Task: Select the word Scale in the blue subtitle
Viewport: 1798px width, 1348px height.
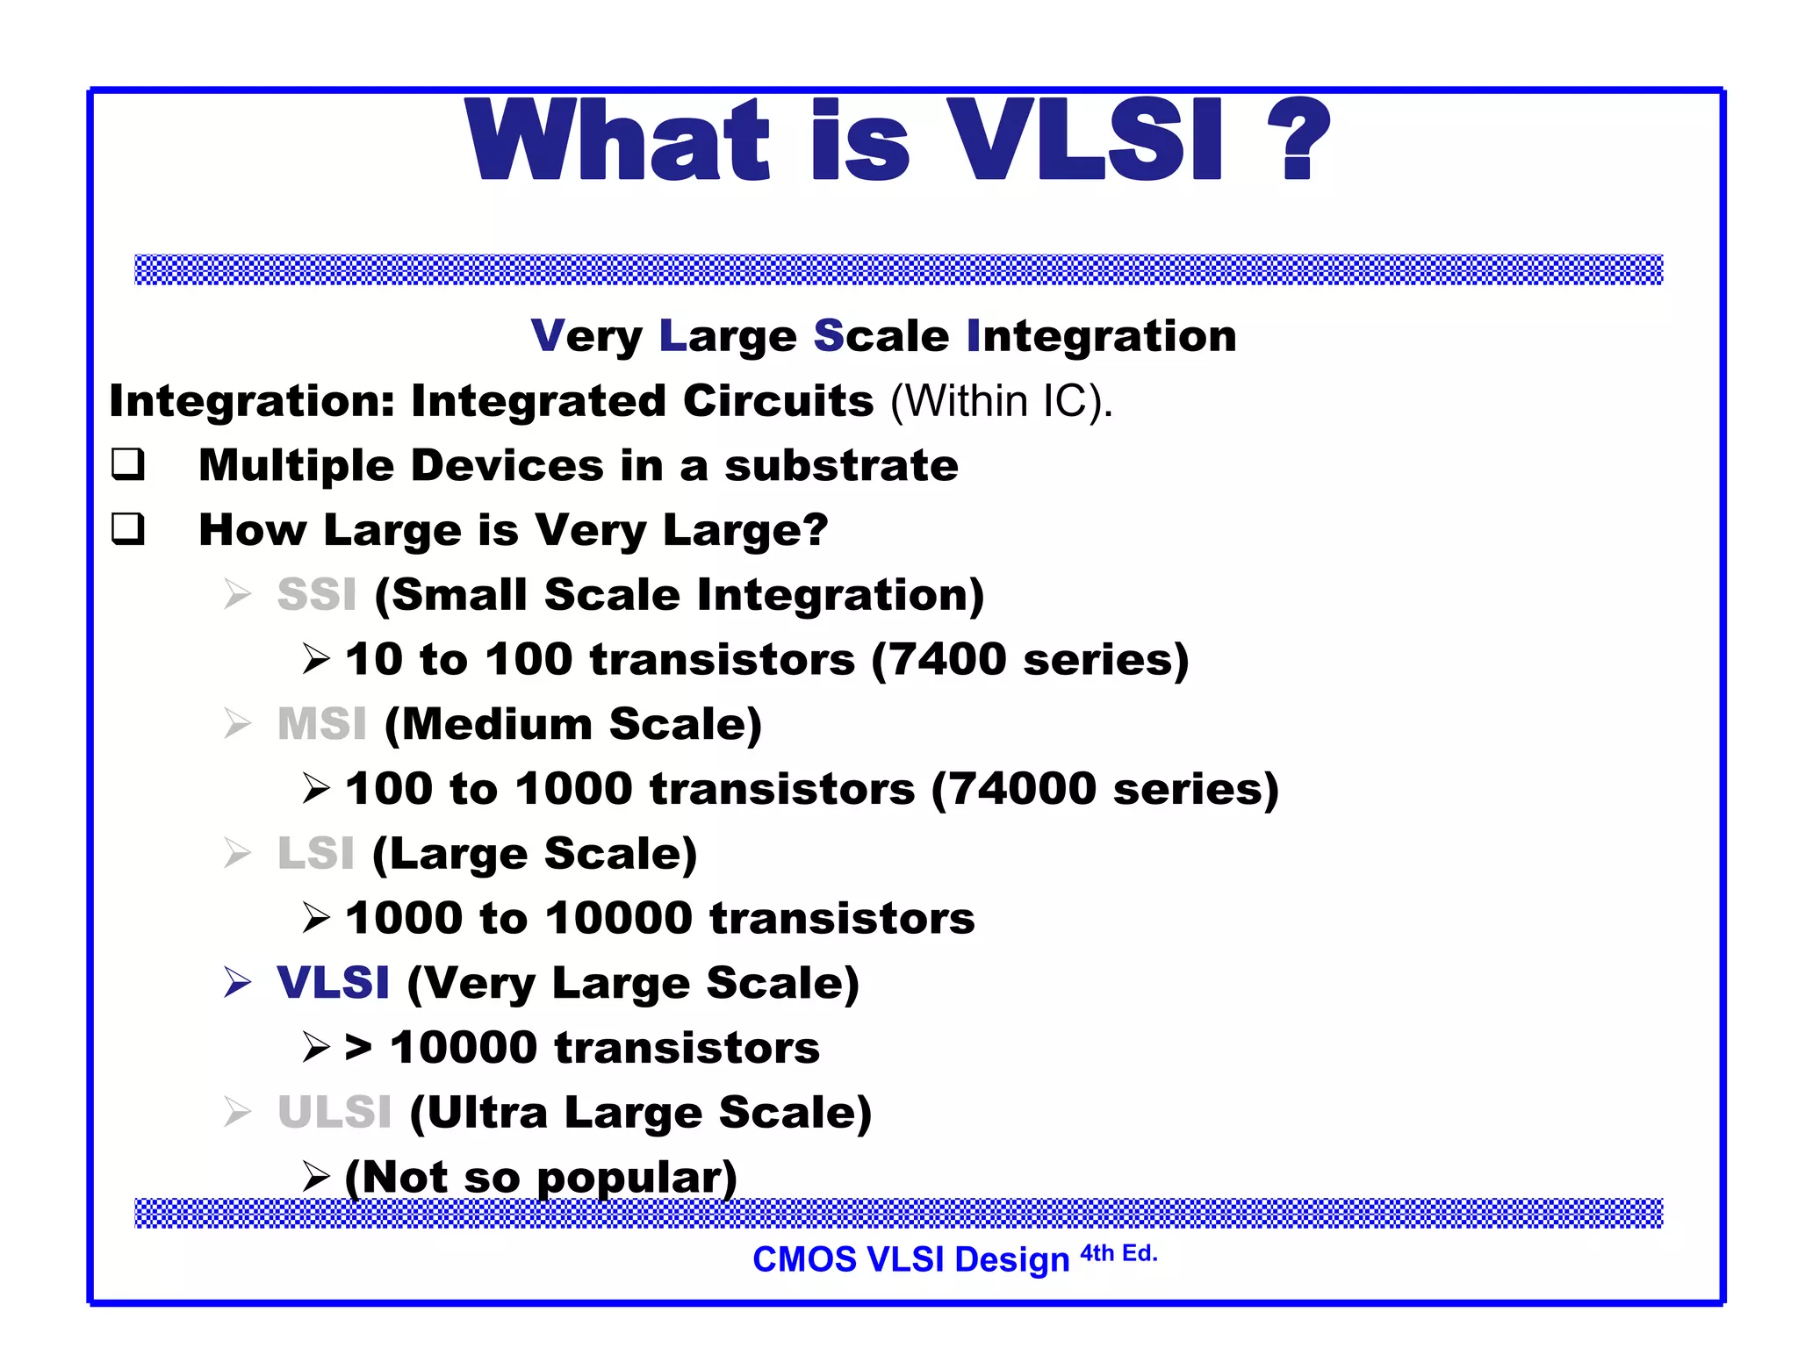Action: pyautogui.click(x=881, y=336)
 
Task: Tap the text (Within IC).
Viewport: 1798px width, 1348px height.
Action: pyautogui.click(x=1001, y=402)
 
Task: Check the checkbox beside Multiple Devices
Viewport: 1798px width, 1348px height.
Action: pyautogui.click(x=128, y=464)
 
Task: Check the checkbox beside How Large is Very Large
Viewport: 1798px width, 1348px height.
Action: pyautogui.click(x=128, y=529)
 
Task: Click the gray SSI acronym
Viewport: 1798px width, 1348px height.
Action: pyautogui.click(x=317, y=595)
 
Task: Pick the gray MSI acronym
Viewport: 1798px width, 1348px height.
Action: pyautogui.click(x=322, y=724)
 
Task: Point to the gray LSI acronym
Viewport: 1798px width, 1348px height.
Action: pyautogui.click(x=316, y=854)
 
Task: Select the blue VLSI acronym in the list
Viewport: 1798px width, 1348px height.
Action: pyautogui.click(x=333, y=983)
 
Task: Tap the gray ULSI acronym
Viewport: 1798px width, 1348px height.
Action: pyautogui.click(x=334, y=1113)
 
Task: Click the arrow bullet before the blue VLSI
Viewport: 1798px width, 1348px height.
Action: pyautogui.click(x=238, y=983)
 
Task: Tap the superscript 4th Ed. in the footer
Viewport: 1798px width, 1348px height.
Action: pyautogui.click(x=1118, y=1253)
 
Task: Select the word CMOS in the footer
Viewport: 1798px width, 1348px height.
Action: pyautogui.click(x=804, y=1260)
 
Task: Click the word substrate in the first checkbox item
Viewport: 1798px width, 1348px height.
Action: pyautogui.click(x=841, y=465)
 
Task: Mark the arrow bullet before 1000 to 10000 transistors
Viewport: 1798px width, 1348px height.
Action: pyautogui.click(x=316, y=919)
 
